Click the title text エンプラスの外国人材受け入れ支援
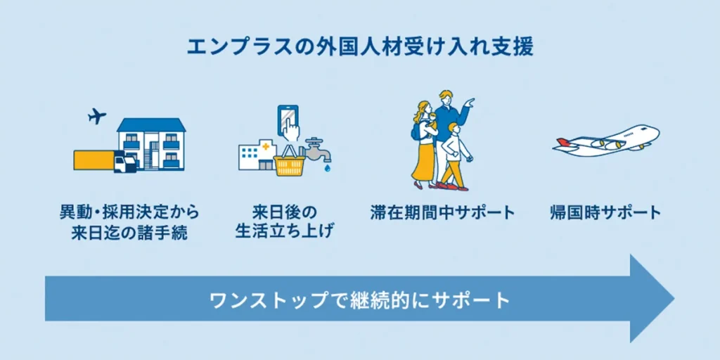point(359,47)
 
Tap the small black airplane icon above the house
point(98,116)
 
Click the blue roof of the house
point(151,125)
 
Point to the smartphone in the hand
point(288,120)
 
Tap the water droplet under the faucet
point(328,169)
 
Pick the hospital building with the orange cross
point(257,155)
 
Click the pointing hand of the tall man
point(470,103)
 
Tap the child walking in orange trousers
point(454,158)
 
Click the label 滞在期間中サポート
point(442,212)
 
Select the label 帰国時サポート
point(605,212)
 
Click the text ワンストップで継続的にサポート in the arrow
point(359,300)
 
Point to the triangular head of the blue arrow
point(650,299)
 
